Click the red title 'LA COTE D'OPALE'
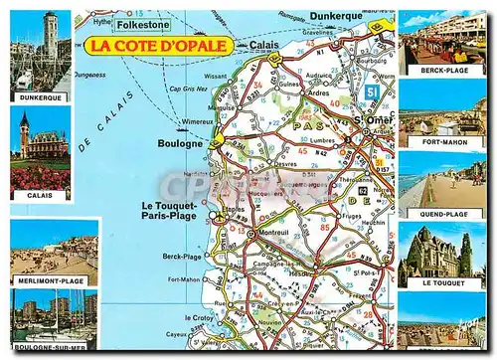[x=159, y=45]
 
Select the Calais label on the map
[x=264, y=45]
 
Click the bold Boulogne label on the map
[x=180, y=143]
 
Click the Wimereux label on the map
[x=198, y=121]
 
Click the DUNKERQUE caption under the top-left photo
[x=40, y=97]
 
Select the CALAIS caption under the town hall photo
[x=40, y=196]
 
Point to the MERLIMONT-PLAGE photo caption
[x=53, y=281]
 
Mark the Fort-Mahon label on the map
[x=184, y=279]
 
